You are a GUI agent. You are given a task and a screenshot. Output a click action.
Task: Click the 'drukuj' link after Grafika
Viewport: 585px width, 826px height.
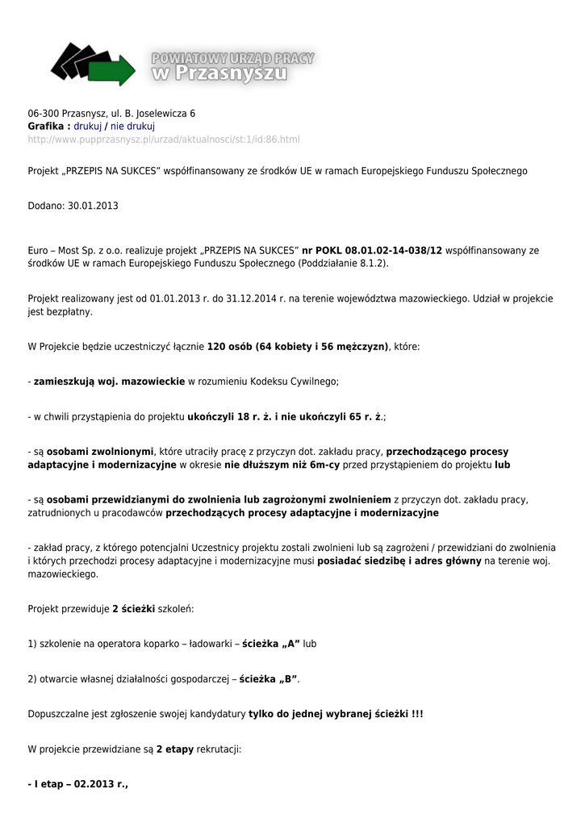(88, 127)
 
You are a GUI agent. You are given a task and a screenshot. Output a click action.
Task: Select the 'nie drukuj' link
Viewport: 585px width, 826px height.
(132, 127)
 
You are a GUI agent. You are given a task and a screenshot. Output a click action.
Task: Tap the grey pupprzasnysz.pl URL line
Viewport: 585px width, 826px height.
(164, 140)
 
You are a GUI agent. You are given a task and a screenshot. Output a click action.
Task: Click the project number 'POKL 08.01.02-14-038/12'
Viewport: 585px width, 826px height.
(372, 250)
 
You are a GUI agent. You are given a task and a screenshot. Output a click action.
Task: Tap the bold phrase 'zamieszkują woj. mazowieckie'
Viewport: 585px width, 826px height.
(109, 382)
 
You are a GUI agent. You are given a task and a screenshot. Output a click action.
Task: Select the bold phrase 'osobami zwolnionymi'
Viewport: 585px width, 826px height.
(99, 452)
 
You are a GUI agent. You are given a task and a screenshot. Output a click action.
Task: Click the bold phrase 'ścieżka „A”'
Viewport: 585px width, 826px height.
(270, 643)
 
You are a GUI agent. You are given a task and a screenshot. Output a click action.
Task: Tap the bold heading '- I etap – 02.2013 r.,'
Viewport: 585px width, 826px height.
(78, 784)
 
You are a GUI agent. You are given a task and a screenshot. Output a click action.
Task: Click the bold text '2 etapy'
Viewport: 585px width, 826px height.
(174, 749)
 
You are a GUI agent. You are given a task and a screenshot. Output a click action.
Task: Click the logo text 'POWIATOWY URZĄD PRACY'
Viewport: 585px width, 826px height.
(232, 58)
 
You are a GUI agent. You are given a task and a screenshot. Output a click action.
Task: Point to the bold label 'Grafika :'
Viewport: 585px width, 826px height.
(48, 127)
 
